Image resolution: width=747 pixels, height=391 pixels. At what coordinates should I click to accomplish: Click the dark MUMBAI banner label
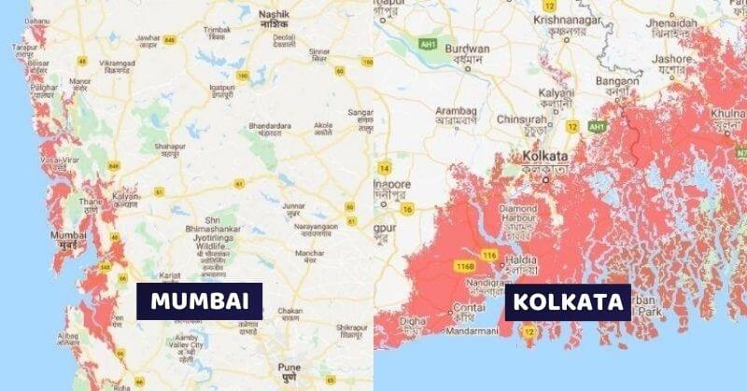[x=199, y=301]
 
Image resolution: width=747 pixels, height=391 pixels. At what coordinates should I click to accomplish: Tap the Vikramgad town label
[x=120, y=63]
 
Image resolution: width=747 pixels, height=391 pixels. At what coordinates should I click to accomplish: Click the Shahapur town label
[x=169, y=147]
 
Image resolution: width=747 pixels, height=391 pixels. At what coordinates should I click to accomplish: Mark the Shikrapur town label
[x=352, y=328]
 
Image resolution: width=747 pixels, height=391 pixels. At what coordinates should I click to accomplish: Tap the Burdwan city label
[x=468, y=49]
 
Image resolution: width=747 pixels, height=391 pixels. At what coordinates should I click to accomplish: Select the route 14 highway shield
[x=384, y=168]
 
